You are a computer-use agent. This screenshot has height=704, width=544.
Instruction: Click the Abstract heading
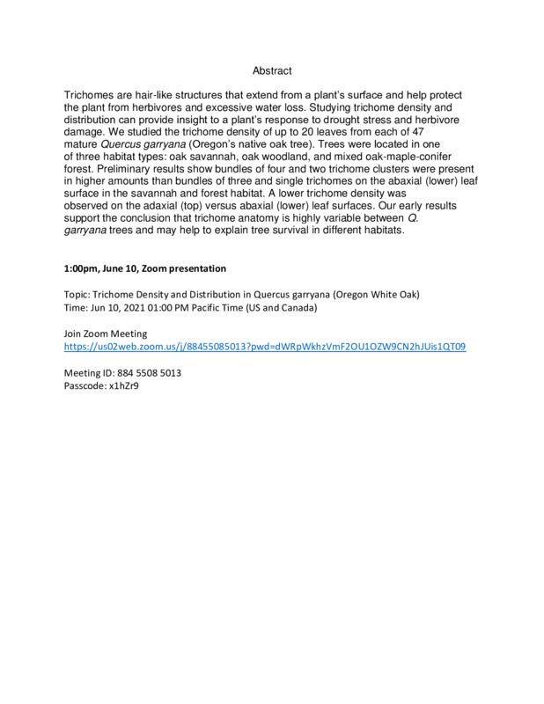(x=271, y=70)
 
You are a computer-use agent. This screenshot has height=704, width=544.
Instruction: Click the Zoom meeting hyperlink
(x=265, y=347)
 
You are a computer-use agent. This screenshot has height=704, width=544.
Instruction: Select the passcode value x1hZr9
(x=123, y=385)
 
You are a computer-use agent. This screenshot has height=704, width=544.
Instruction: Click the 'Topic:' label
(x=80, y=294)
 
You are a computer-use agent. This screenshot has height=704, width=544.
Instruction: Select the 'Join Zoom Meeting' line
(x=106, y=334)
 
